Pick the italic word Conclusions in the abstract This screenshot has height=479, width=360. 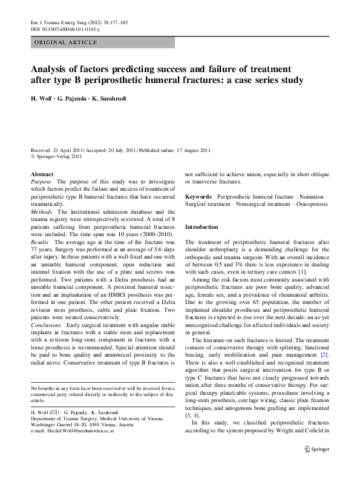46,325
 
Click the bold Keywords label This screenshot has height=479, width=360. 198,197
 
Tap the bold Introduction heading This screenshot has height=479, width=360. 201,226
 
